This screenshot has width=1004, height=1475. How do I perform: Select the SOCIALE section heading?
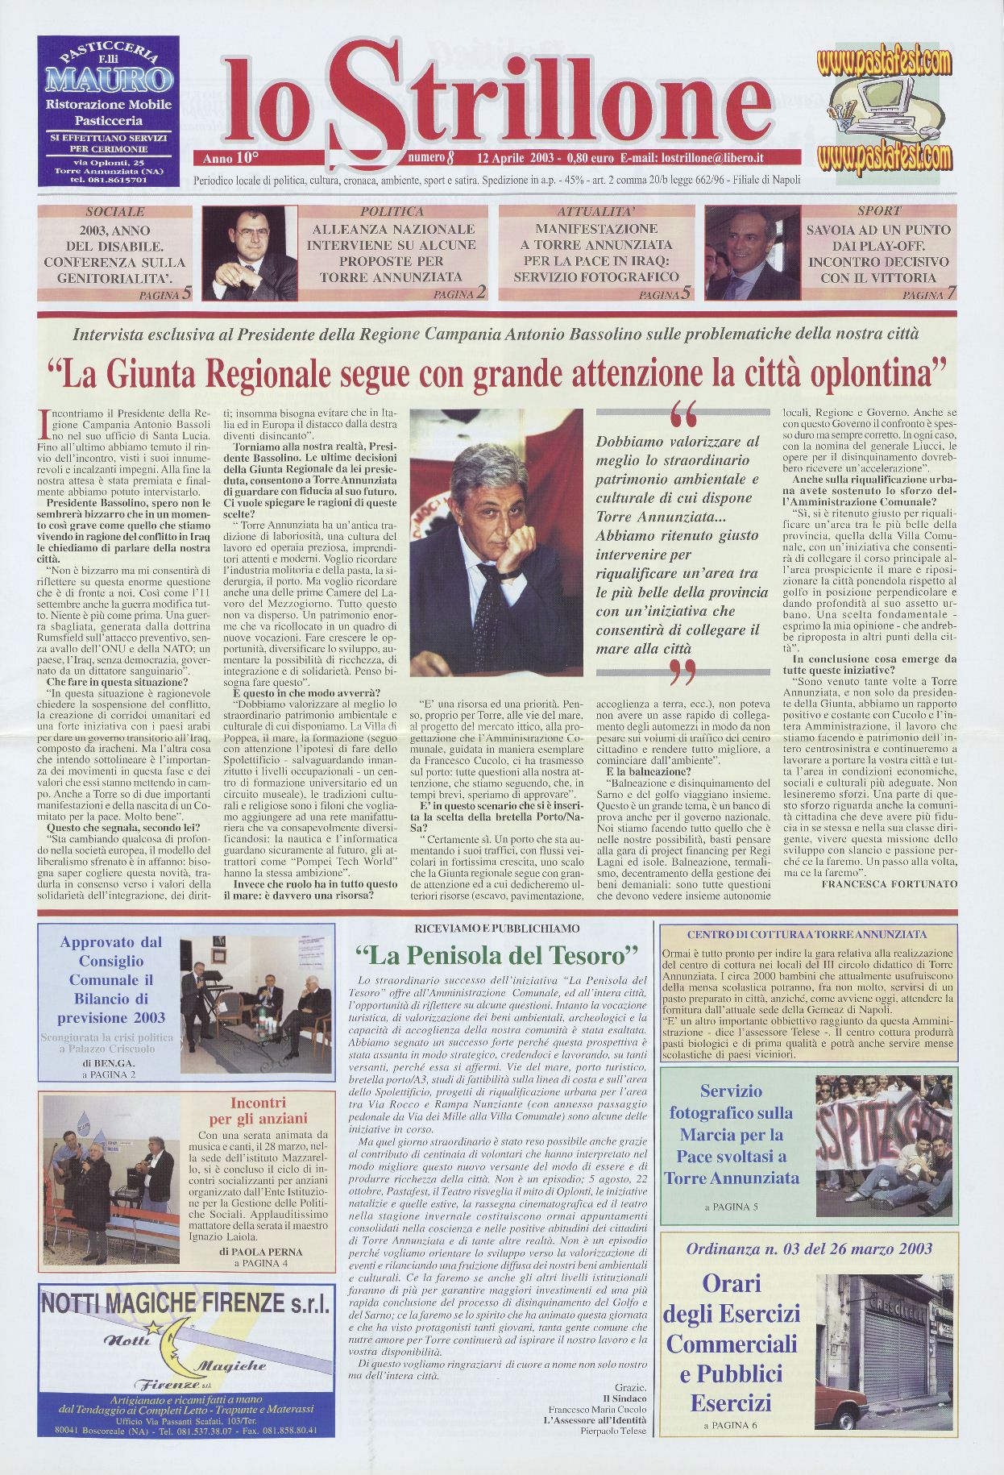114,212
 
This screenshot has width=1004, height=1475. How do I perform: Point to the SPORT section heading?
879,211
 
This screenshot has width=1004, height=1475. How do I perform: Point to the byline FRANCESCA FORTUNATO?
889,883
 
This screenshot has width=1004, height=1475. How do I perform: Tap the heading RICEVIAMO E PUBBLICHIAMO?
496,929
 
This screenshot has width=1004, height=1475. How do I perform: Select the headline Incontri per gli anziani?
269,1111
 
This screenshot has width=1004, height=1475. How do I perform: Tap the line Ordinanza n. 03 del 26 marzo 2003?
809,1249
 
